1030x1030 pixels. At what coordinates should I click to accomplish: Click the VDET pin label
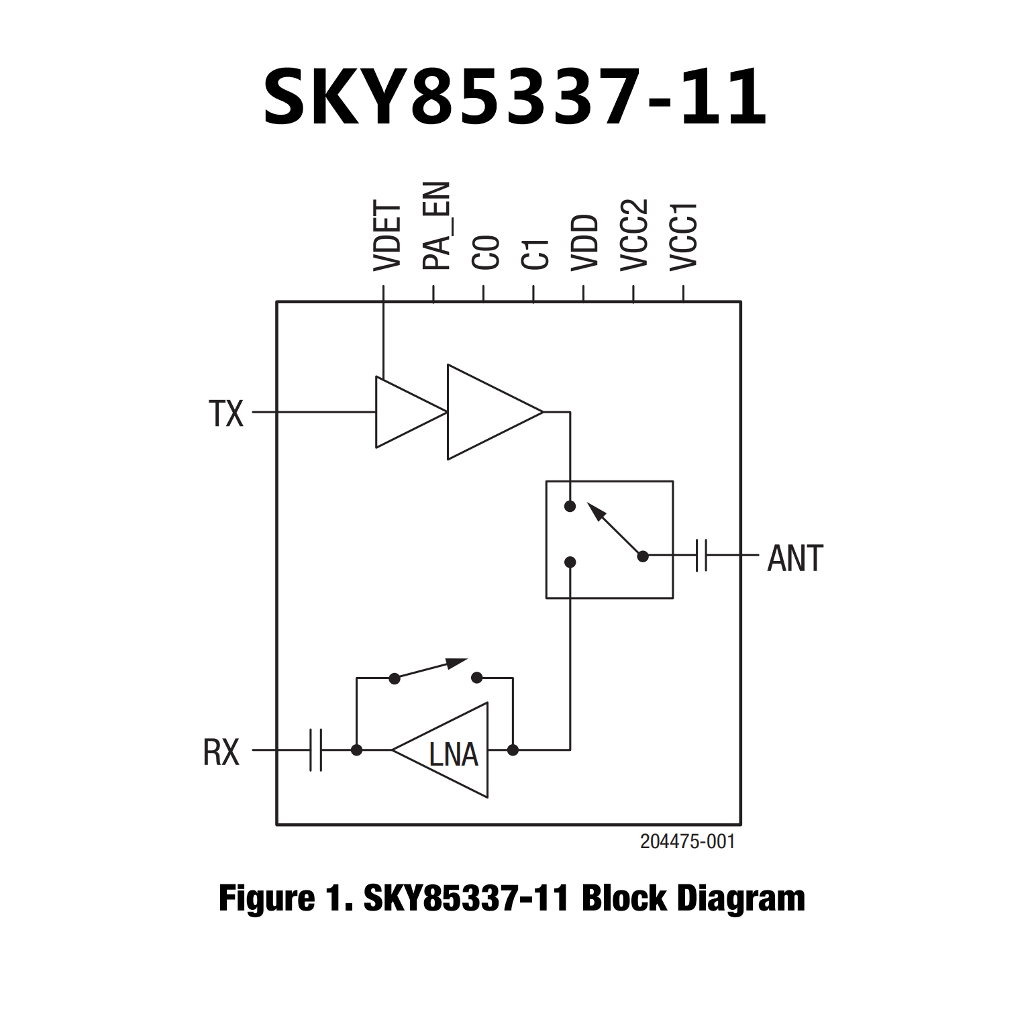(x=387, y=237)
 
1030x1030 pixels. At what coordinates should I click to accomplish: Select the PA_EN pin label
(x=437, y=225)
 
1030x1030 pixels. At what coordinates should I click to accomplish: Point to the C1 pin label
(x=536, y=254)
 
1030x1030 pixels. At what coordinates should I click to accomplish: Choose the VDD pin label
(x=585, y=242)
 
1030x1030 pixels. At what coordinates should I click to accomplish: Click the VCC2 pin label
(x=635, y=235)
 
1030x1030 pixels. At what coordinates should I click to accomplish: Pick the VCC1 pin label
(x=684, y=236)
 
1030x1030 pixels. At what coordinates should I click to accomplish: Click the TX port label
(x=226, y=413)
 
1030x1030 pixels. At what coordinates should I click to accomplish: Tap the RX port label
(x=221, y=752)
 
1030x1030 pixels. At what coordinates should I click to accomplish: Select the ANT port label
(x=795, y=558)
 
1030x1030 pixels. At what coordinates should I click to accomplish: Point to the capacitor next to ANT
(x=701, y=556)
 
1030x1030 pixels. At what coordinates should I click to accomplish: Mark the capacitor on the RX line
(x=316, y=750)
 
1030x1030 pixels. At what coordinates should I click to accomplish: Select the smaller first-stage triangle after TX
(x=403, y=412)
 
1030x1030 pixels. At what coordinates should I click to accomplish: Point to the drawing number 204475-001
(x=687, y=841)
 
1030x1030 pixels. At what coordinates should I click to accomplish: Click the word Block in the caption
(x=624, y=898)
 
